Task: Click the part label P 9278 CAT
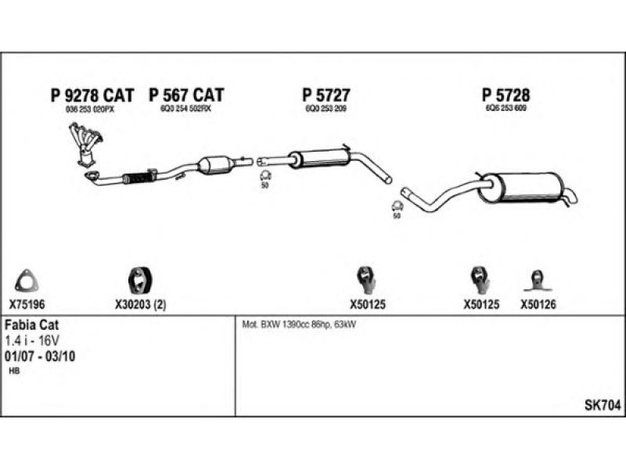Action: click(92, 95)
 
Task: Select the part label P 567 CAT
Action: click(186, 95)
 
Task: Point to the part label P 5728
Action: click(505, 95)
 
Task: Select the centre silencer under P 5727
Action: click(317, 157)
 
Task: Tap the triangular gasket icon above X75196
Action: click(26, 279)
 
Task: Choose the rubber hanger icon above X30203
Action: click(139, 279)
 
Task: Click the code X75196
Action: click(27, 305)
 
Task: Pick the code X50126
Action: click(538, 305)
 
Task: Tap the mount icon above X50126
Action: click(538, 279)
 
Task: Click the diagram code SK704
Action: click(603, 406)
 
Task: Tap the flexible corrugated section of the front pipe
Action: click(141, 177)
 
